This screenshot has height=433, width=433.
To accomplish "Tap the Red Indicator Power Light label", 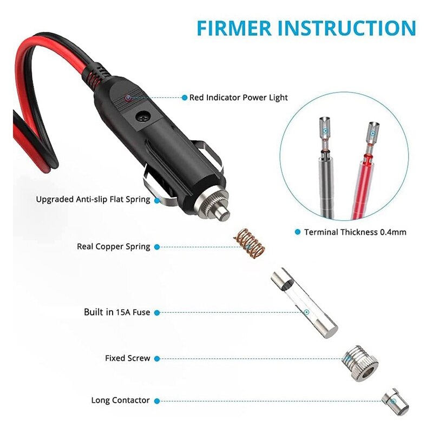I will pos(238,98).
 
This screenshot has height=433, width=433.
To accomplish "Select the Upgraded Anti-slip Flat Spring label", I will pos(93,199).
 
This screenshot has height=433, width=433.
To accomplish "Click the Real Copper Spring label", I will pos(114,247).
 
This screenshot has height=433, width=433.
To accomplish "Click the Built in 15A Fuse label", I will pos(117,312).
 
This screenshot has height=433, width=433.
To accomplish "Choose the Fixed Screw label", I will pos(128,358).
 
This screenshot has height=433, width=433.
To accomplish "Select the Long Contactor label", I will pos(120,401).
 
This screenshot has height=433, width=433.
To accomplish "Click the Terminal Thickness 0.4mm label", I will pos(355,232).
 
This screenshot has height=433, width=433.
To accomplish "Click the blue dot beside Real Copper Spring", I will pos(157,247).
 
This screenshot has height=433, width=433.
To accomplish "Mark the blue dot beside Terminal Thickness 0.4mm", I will pos(297,232).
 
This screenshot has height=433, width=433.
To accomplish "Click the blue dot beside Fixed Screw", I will pos(157,358).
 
